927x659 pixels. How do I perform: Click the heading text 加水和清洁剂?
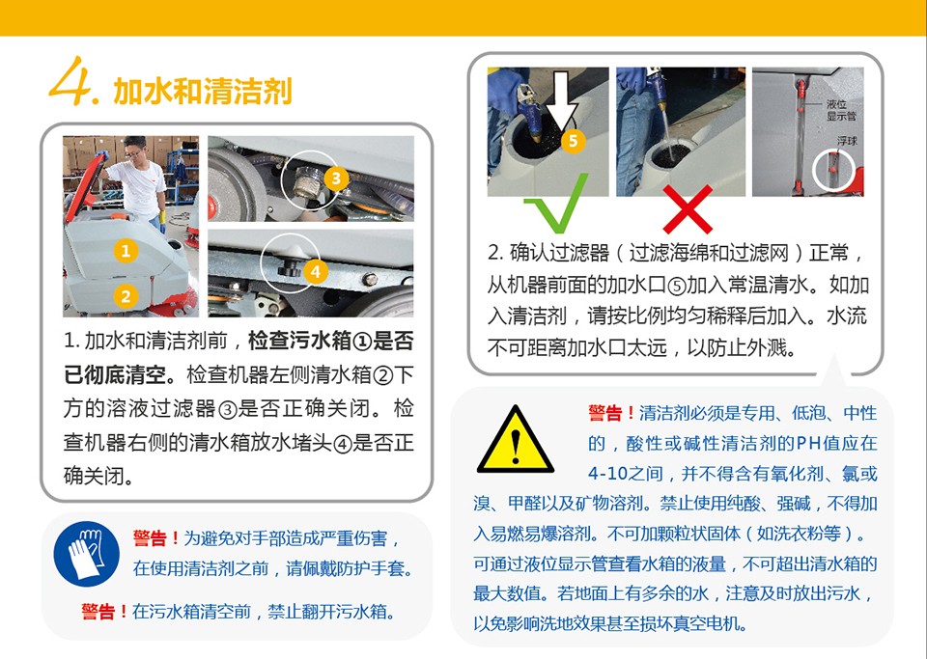tap(203, 91)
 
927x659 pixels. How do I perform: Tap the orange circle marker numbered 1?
tap(126, 251)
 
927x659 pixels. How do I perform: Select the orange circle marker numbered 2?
tap(126, 295)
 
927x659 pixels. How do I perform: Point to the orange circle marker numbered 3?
tap(336, 178)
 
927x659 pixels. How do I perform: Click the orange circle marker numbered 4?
tap(316, 272)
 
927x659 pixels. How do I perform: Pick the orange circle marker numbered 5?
tap(573, 141)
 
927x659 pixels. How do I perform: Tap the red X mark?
tap(688, 209)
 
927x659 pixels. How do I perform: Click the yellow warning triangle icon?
tap(516, 440)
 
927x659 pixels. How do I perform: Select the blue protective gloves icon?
tap(86, 554)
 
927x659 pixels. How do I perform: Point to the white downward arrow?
tap(561, 101)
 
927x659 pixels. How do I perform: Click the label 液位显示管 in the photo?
tap(840, 110)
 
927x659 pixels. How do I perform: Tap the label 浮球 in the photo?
tap(847, 141)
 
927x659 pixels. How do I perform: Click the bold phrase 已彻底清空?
tap(115, 374)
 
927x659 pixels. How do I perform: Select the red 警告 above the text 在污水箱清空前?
tap(98, 611)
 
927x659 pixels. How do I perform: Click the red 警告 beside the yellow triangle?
tap(604, 413)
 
